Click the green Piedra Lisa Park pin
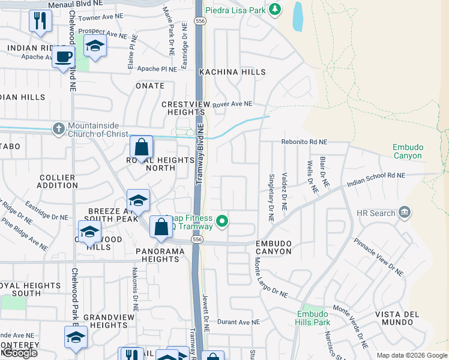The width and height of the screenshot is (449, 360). [275, 9]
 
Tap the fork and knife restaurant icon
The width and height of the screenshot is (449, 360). [40, 20]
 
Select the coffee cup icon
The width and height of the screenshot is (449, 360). [62, 58]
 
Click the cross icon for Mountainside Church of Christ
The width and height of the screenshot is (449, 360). [58, 128]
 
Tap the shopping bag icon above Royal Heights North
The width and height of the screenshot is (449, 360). [141, 147]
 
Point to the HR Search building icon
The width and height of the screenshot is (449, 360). [405, 212]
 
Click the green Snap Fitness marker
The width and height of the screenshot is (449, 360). [222, 221]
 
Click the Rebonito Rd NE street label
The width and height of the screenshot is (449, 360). [304, 142]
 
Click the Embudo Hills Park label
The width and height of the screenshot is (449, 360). [313, 318]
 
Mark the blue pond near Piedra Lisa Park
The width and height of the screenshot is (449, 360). [297, 16]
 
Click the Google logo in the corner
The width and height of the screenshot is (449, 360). [19, 353]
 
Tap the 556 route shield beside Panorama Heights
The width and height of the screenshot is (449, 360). [197, 239]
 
